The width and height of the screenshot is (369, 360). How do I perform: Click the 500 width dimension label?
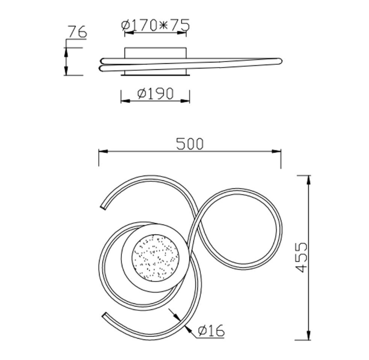(189, 144)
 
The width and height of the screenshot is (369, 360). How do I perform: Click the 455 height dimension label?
(301, 257)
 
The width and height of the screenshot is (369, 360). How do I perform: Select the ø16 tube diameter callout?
(211, 330)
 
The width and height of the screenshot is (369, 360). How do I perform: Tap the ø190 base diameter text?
(155, 93)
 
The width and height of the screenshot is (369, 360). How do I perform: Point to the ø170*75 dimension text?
(155, 25)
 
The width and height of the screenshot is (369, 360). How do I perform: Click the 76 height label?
(77, 32)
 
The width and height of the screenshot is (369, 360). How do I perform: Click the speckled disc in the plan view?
(154, 258)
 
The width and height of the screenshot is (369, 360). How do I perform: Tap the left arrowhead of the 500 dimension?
(103, 151)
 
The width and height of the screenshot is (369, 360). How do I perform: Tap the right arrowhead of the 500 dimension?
(276, 151)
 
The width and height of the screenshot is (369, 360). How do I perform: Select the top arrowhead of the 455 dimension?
(308, 180)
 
